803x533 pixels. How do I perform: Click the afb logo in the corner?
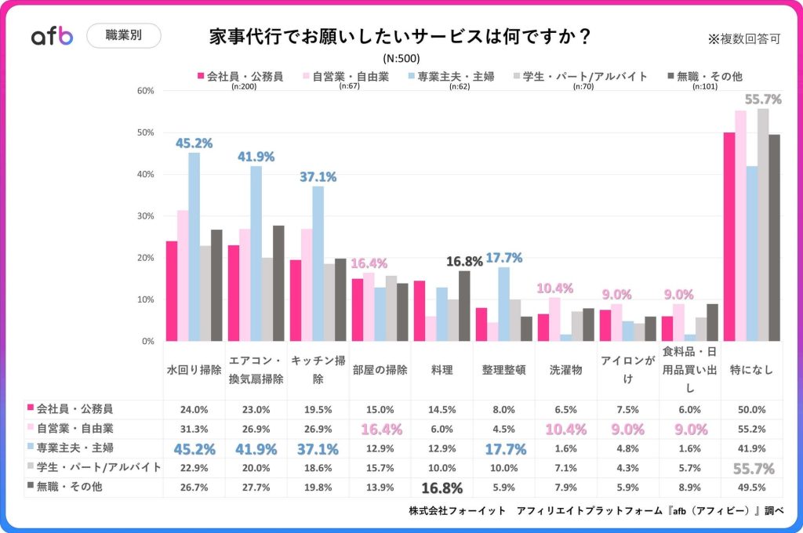[x=52, y=36]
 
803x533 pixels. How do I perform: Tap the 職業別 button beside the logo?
[x=123, y=36]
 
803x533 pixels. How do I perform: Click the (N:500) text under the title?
[x=401, y=59]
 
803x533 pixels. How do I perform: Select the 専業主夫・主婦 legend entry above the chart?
[x=452, y=76]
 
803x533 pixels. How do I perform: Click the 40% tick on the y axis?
[x=145, y=174]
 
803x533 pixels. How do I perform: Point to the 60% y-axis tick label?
[x=145, y=91]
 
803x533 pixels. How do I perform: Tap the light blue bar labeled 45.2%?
[x=194, y=247]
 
